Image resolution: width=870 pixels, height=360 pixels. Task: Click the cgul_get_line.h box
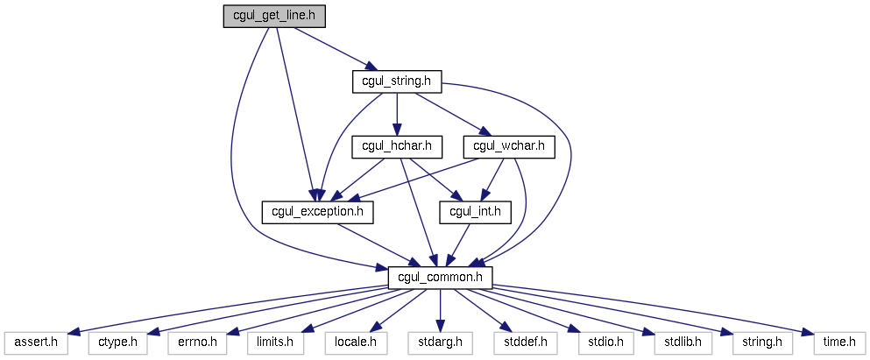click(274, 16)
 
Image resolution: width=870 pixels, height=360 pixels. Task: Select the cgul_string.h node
click(397, 82)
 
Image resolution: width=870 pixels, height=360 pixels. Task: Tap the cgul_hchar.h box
click(396, 147)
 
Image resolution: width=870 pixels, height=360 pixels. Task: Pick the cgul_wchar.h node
click(509, 147)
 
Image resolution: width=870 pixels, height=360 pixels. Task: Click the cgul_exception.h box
click(317, 213)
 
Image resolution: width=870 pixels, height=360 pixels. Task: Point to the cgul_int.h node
click(475, 213)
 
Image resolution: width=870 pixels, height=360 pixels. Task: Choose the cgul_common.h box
click(440, 278)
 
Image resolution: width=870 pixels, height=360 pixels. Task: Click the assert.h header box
click(36, 343)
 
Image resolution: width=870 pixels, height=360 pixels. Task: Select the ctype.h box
click(117, 343)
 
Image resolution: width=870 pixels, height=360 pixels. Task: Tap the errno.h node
click(197, 343)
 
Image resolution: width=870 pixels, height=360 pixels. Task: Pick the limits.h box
click(275, 343)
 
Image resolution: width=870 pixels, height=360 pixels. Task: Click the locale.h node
click(356, 343)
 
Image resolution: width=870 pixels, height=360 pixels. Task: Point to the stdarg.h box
click(440, 343)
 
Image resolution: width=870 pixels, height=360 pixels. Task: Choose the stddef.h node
click(524, 343)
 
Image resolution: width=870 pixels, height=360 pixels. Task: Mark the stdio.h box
click(605, 343)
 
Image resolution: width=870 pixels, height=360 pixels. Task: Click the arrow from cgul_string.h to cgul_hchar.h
click(397, 115)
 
